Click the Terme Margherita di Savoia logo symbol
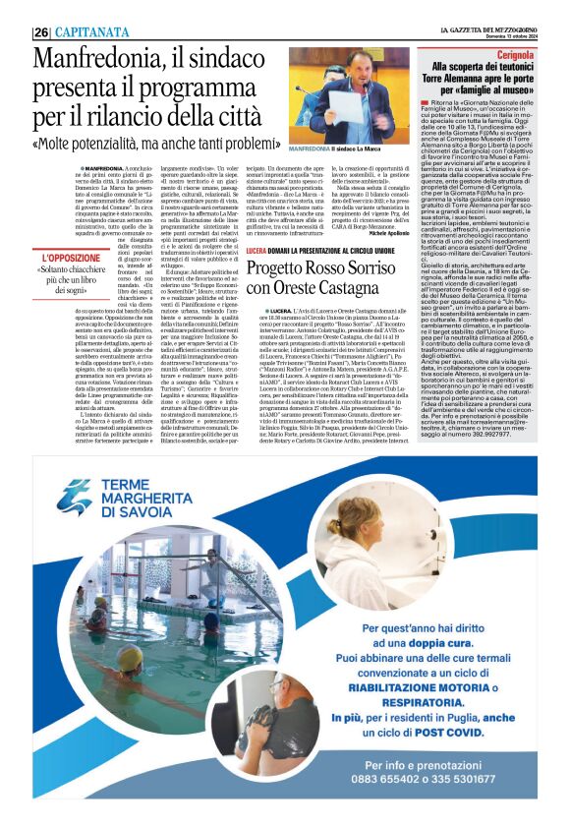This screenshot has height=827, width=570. (x=75, y=497)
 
